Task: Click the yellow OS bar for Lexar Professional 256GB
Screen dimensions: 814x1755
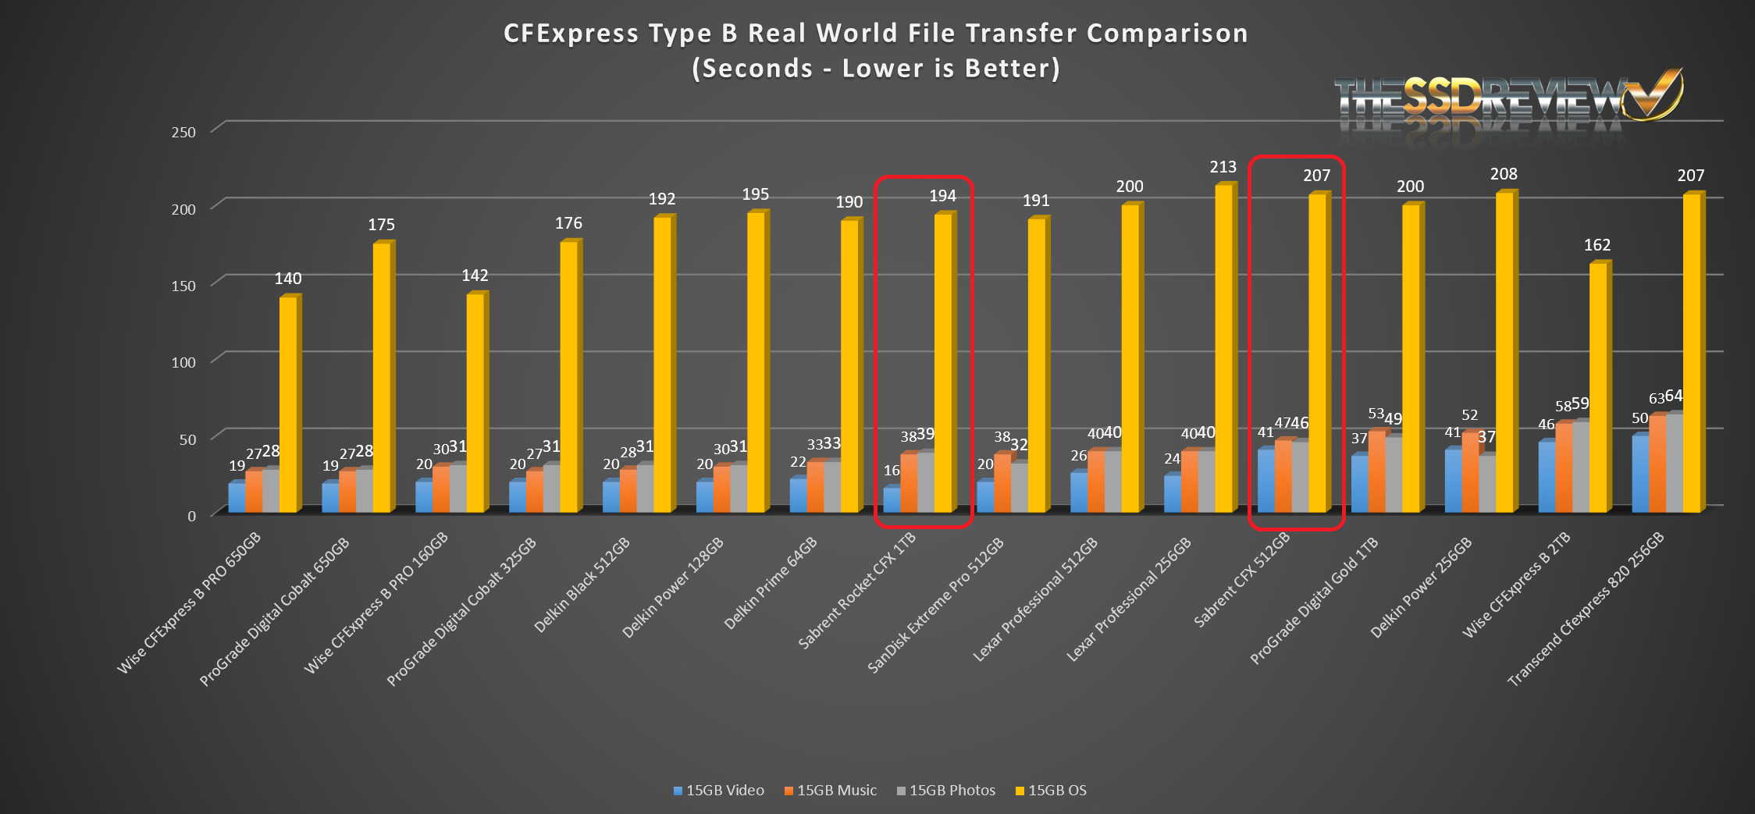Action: click(x=1223, y=351)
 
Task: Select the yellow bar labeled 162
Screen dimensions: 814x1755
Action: click(x=1597, y=390)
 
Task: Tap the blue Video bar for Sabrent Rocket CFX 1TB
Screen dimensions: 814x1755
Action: click(x=892, y=500)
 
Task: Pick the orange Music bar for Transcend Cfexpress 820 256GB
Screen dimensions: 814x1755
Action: click(x=1657, y=464)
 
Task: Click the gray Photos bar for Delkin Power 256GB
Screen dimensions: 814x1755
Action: click(x=1486, y=484)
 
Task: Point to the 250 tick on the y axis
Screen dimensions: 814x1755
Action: click(x=183, y=132)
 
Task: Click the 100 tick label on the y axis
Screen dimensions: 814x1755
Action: click(x=183, y=362)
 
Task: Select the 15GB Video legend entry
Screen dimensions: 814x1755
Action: click(x=719, y=791)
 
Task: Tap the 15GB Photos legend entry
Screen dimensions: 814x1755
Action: click(x=946, y=791)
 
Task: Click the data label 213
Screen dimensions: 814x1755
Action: click(x=1223, y=167)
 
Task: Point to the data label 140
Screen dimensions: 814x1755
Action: click(x=287, y=279)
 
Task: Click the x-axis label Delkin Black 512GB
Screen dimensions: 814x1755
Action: click(x=582, y=585)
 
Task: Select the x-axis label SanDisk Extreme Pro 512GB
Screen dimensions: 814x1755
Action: click(x=936, y=606)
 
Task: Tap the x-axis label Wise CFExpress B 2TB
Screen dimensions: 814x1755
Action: click(x=1516, y=585)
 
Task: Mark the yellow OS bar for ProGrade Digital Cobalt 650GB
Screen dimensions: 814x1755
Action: click(x=381, y=379)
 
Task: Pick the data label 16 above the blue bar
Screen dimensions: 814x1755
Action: click(x=892, y=471)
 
